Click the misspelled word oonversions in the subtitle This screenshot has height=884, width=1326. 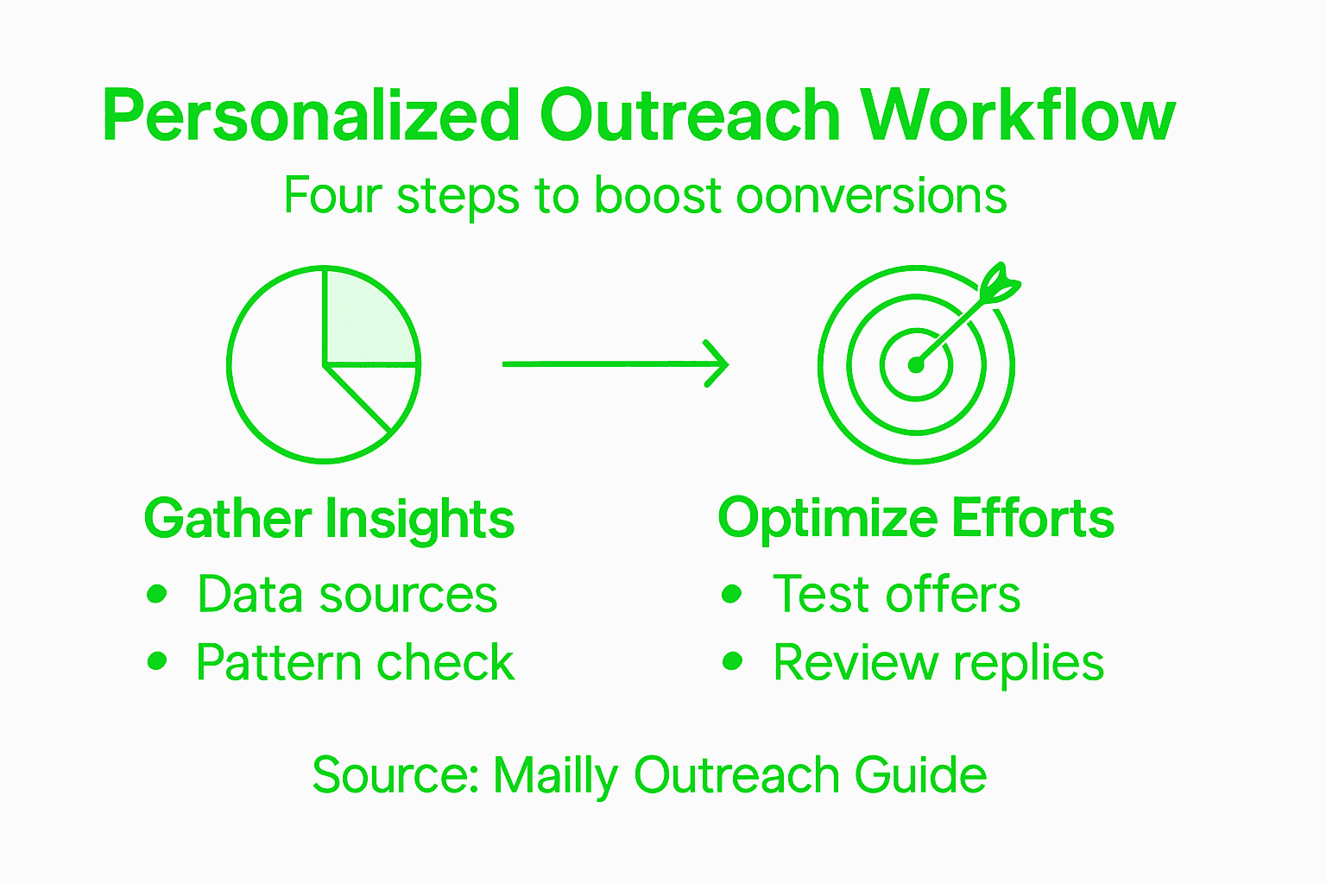click(x=871, y=196)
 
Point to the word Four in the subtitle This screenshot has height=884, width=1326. click(x=332, y=196)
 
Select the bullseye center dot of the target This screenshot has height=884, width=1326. click(x=916, y=365)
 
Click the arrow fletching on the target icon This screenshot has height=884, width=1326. click(x=1001, y=284)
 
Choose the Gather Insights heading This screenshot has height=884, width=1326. click(x=329, y=519)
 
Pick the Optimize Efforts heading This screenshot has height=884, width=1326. click(x=916, y=519)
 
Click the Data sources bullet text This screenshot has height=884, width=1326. click(x=347, y=595)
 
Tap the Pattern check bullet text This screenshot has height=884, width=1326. click(x=355, y=663)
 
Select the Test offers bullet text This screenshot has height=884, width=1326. click(x=896, y=595)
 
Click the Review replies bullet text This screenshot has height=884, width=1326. click(x=938, y=663)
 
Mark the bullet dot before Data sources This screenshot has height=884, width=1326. click(x=156, y=594)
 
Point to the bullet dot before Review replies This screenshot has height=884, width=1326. click(x=732, y=661)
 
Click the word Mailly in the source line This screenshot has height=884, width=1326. click(x=555, y=775)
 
